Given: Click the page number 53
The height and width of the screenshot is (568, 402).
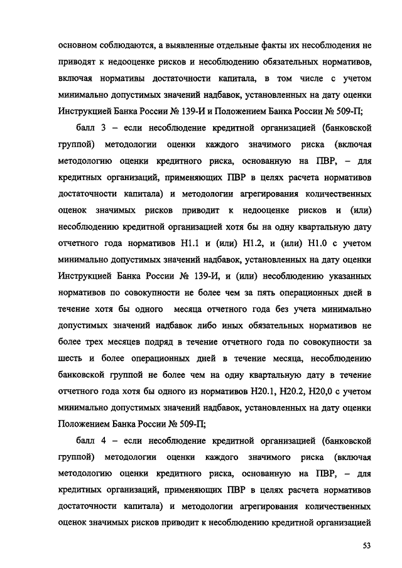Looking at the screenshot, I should click(367, 545).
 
